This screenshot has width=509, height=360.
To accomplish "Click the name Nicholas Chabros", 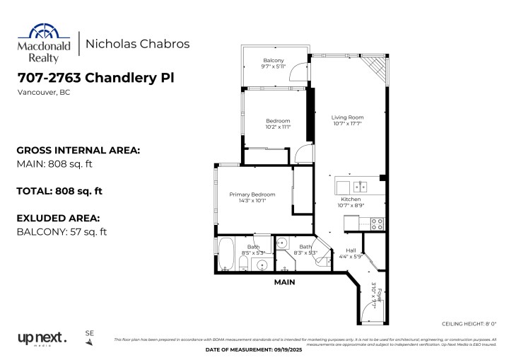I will coord(137,43).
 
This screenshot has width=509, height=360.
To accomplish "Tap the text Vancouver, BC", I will coord(42,92).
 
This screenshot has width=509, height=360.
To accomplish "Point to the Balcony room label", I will coord(274,60).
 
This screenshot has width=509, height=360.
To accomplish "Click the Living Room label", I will coord(347,117).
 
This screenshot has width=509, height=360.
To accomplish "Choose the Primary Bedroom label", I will coord(252,194).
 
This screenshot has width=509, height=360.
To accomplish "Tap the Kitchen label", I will coord(351,199).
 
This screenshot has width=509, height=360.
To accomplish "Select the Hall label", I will coord(351,250).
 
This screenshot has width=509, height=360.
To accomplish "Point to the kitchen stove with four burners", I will coord(377,223).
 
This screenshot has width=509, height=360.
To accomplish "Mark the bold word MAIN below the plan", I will coord(285,281).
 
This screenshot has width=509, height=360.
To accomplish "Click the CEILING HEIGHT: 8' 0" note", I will coord(467,323).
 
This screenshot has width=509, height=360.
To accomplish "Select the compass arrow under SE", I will coord(89,342).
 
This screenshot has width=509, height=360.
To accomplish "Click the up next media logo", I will coord(42,338).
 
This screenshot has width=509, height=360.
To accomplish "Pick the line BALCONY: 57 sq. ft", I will coord(61,231).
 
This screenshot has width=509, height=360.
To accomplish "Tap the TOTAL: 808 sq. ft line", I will coord(59,191).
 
